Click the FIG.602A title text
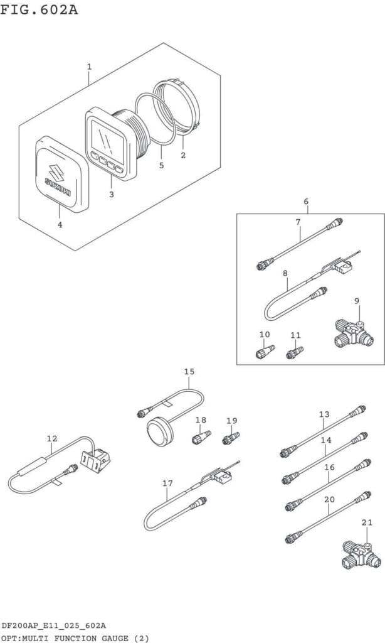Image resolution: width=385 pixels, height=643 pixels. coord(38,9)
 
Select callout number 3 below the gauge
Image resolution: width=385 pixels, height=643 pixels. coord(112,195)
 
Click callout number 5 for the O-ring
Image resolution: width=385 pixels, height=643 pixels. coord(161,165)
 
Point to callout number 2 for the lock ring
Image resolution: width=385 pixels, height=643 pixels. coord(183,156)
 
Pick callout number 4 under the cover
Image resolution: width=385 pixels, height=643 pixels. coord(60,225)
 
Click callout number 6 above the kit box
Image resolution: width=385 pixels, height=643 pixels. coord(306,202)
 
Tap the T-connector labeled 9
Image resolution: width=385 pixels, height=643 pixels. coord(352,335)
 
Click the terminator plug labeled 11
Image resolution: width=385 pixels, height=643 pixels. coord(295,352)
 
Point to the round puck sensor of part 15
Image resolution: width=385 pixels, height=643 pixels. coord(157,432)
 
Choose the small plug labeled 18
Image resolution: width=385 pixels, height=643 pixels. coord(201,437)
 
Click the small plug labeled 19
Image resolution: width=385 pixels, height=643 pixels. coord(231,438)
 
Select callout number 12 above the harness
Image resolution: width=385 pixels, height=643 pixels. coord(51,438)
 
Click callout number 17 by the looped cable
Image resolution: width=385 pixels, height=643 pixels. coord(167,484)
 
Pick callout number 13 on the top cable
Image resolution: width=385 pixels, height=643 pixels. coord(324,414)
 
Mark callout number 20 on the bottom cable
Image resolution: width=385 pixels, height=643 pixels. coord(329,499)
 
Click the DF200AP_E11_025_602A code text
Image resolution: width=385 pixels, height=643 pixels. coord(54,626)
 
